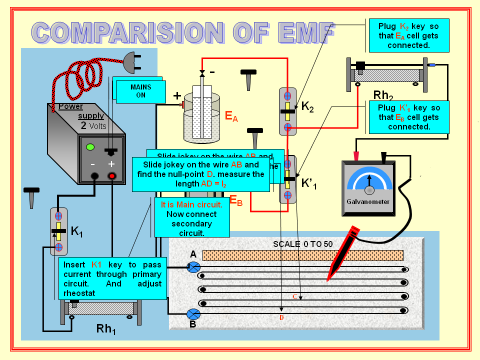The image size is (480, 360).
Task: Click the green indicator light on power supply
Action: pos(90,147)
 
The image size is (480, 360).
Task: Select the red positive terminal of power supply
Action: pos(111,176)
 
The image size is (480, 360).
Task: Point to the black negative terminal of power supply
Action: pos(93,176)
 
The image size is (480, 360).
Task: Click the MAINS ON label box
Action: pos(140,91)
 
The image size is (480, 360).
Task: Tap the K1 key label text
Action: pos(76,231)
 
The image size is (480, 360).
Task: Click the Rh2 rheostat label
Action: pos(383,96)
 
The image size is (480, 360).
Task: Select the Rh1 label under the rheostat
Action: pos(106,329)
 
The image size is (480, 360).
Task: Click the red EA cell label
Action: pos(231,117)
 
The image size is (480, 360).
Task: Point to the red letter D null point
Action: pos(281,317)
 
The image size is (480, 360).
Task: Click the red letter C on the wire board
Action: pos(295,296)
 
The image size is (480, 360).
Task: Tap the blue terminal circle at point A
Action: pos(193,267)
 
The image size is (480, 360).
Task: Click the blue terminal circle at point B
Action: pos(193,314)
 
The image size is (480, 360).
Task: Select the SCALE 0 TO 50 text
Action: pos(302,244)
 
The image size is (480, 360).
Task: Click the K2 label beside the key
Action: pos(307,107)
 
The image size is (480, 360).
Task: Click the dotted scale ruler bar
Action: pos(302,255)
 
